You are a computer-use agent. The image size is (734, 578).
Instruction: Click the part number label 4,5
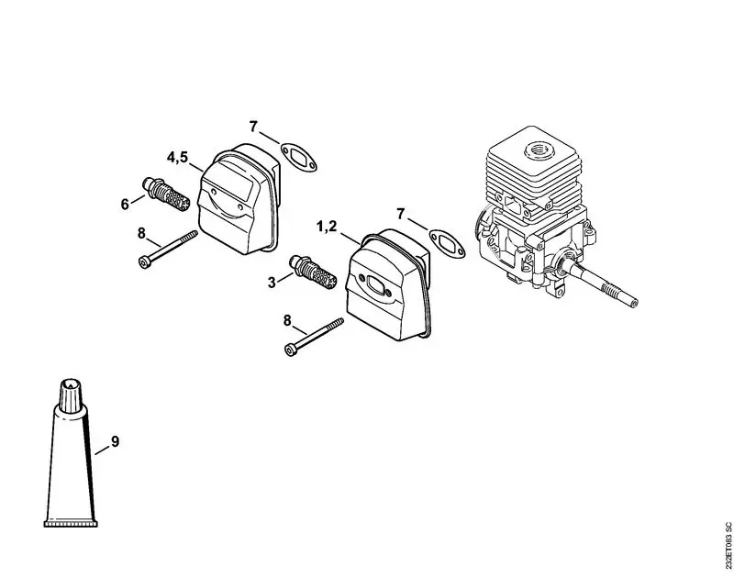click(x=177, y=157)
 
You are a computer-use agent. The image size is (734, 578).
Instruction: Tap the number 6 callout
click(x=126, y=204)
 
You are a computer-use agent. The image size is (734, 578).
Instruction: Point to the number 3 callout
click(x=272, y=282)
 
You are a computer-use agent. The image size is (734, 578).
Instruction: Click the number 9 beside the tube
click(x=115, y=441)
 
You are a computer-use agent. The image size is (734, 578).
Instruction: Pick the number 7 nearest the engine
click(x=400, y=214)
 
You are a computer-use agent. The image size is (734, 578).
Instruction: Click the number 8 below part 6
click(x=142, y=233)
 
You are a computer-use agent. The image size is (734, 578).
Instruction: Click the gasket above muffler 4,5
click(x=297, y=157)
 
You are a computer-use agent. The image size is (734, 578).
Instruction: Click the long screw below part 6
click(x=170, y=250)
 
